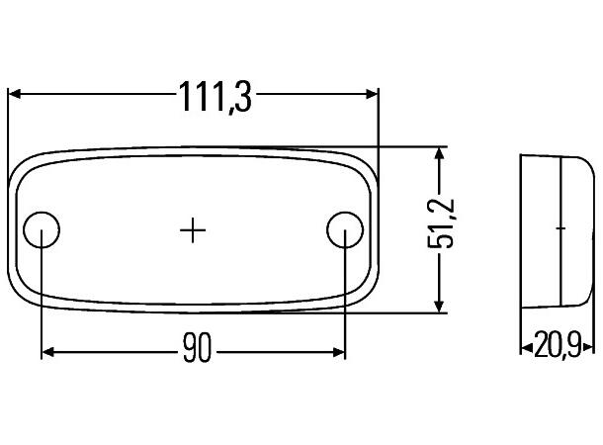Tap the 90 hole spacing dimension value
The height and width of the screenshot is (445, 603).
coord(197,350)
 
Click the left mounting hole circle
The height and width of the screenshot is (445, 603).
coord(43,229)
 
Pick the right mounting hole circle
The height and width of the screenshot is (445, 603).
coord(343,229)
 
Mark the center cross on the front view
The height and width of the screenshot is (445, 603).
coord(193,229)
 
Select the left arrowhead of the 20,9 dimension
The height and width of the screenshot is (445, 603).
coord(525,347)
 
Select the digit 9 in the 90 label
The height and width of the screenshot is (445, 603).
coord(188,350)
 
